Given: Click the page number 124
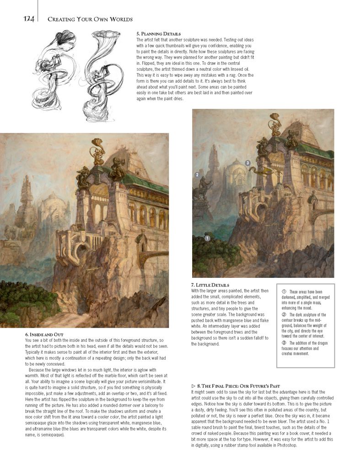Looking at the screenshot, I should pyautogui.click(x=30, y=19).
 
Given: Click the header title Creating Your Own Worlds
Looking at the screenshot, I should pyautogui.click(x=90, y=19).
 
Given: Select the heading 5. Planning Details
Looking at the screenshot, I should pyautogui.click(x=158, y=34).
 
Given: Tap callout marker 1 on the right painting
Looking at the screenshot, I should pyautogui.click(x=207, y=238).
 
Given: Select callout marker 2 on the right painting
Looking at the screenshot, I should pyautogui.click(x=197, y=175).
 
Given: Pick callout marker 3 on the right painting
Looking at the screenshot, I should pyautogui.click(x=247, y=163).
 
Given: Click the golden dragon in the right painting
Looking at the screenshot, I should pyautogui.click(x=260, y=171).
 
